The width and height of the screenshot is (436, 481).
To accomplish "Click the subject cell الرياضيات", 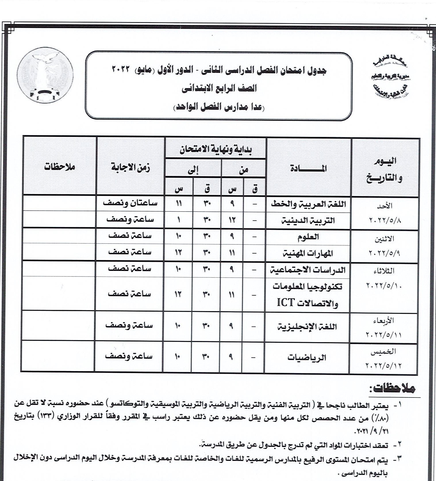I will (307, 357).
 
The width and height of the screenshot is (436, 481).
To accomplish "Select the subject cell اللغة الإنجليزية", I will (307, 327).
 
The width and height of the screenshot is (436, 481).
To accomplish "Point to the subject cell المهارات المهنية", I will (308, 253).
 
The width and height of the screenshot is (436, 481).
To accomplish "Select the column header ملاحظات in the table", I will (59, 167).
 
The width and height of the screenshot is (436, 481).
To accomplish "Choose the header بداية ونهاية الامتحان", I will (216, 150).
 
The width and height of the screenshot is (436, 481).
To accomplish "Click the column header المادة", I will (308, 168).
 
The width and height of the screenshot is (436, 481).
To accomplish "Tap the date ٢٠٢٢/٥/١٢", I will (383, 365).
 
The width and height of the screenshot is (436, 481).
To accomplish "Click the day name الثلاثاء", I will (384, 271).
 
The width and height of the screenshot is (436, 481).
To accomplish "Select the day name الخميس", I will (383, 351).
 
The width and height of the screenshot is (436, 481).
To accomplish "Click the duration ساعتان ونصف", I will (130, 203).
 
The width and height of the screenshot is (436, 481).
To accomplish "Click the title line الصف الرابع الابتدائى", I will (219, 88).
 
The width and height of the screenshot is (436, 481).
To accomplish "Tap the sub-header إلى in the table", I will (193, 170).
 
